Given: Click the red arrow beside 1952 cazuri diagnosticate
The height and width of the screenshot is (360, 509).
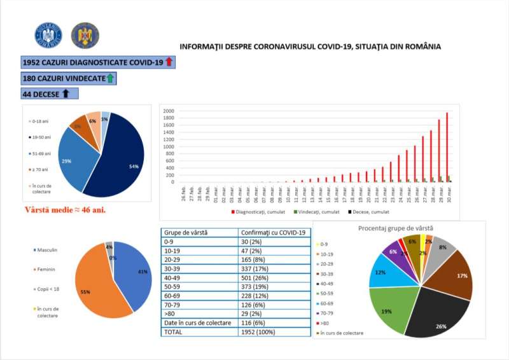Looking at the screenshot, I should coord(169,62).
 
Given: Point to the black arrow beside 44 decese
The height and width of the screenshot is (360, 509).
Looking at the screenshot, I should coord(65,94).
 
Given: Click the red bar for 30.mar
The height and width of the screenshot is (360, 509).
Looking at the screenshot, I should coord(447,148).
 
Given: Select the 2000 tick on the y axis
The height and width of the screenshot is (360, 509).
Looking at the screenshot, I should coord(169,111).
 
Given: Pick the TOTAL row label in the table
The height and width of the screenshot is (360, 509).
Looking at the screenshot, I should coord(175,331).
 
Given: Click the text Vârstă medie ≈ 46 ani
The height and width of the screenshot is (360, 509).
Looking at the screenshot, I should coord(65,209).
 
